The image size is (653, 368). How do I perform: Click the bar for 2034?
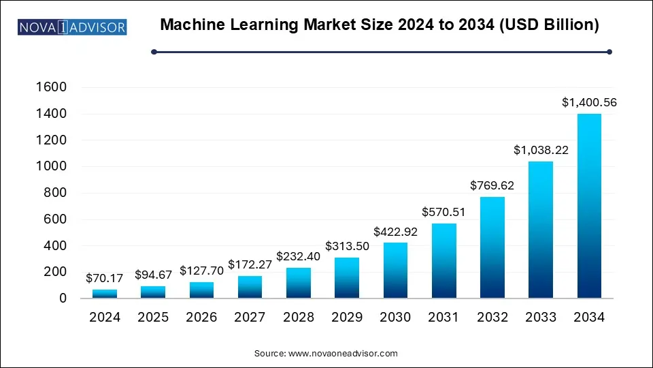tap(589, 206)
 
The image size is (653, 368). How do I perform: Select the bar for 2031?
tap(443, 261)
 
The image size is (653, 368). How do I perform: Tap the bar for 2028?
tap(298, 283)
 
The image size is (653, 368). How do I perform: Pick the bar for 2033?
tap(541, 230)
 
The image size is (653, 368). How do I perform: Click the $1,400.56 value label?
tap(589, 103)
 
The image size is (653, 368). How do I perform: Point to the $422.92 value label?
tap(395, 232)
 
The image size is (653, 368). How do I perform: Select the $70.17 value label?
tap(104, 278)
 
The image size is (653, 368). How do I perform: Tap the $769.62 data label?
tap(492, 186)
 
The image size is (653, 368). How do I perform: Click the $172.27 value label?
tap(250, 264)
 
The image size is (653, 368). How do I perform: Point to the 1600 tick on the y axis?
tap(52, 87)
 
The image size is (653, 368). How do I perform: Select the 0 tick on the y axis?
tap(63, 298)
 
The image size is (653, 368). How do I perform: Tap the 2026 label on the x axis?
tap(201, 318)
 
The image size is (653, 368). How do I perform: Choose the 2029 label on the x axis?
tap(346, 318)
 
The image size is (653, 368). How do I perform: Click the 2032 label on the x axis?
tap(492, 318)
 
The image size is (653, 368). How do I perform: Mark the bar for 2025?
tap(153, 292)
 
